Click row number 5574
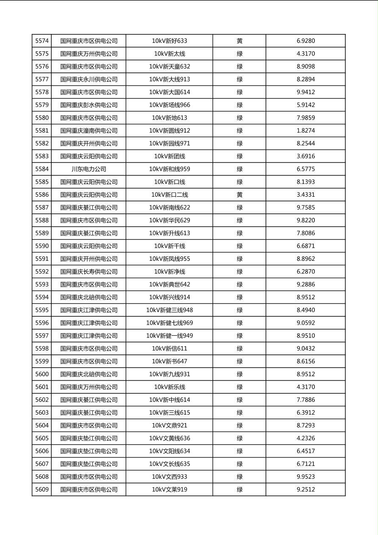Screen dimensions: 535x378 (42, 41)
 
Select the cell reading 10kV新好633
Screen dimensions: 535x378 (170, 41)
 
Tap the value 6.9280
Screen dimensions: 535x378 (306, 41)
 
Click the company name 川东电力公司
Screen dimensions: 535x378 (89, 169)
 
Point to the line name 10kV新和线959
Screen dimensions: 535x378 (170, 169)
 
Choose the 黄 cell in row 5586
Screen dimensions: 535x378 (239, 195)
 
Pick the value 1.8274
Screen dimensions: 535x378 (306, 131)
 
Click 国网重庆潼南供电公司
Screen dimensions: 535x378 (89, 131)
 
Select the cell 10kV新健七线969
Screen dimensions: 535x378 (170, 323)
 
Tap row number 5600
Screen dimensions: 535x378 (42, 374)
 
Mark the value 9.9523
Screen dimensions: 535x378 (306, 477)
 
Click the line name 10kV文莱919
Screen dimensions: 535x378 (170, 490)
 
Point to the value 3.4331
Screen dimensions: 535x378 (306, 195)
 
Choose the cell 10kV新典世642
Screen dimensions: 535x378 (170, 284)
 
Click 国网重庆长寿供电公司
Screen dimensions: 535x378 (89, 272)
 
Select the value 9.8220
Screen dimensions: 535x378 (306, 220)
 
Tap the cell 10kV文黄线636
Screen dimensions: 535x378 (170, 438)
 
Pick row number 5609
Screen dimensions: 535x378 (42, 490)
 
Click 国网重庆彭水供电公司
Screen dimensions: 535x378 (89, 105)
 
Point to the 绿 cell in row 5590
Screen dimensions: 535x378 (239, 246)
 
